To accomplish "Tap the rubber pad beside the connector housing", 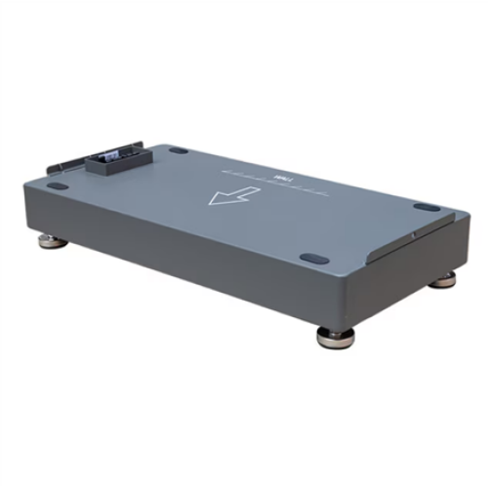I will click(179, 151).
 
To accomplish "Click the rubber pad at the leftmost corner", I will click(58, 186).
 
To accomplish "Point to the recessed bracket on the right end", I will click(415, 239).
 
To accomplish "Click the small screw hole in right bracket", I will click(413, 235).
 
